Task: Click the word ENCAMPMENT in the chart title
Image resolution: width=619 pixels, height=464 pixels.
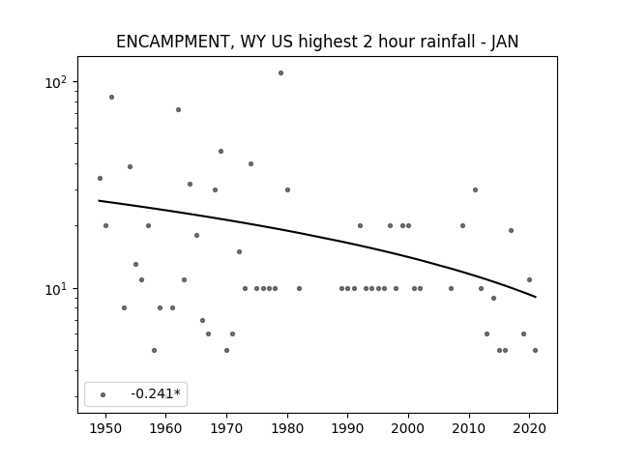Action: click(x=172, y=42)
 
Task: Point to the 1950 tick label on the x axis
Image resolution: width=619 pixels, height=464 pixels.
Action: click(x=105, y=429)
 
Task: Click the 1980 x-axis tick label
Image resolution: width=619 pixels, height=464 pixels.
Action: click(x=287, y=429)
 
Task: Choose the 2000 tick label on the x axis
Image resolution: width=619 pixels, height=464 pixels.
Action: click(x=408, y=429)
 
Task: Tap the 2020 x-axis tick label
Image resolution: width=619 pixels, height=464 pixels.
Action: click(x=529, y=429)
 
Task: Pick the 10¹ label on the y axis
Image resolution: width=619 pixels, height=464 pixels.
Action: click(x=56, y=289)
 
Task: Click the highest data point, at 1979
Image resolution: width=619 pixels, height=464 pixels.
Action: click(x=280, y=73)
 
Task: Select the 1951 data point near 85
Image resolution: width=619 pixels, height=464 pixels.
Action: click(x=112, y=97)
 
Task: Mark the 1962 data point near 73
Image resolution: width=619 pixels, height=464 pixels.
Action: click(x=178, y=109)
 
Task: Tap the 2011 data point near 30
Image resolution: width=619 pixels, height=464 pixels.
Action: click(x=475, y=189)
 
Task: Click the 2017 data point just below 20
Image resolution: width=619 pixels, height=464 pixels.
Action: click(x=512, y=230)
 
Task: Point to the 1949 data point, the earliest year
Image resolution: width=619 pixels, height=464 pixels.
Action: click(x=100, y=178)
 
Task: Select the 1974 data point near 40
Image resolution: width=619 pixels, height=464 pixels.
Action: click(x=251, y=163)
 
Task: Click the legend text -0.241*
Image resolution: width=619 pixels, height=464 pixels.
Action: click(x=156, y=393)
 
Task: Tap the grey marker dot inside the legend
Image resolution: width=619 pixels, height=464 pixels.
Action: click(x=103, y=394)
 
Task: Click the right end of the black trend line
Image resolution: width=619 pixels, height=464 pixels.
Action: click(x=535, y=297)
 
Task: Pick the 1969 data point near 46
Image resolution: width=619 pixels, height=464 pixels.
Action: click(x=221, y=151)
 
